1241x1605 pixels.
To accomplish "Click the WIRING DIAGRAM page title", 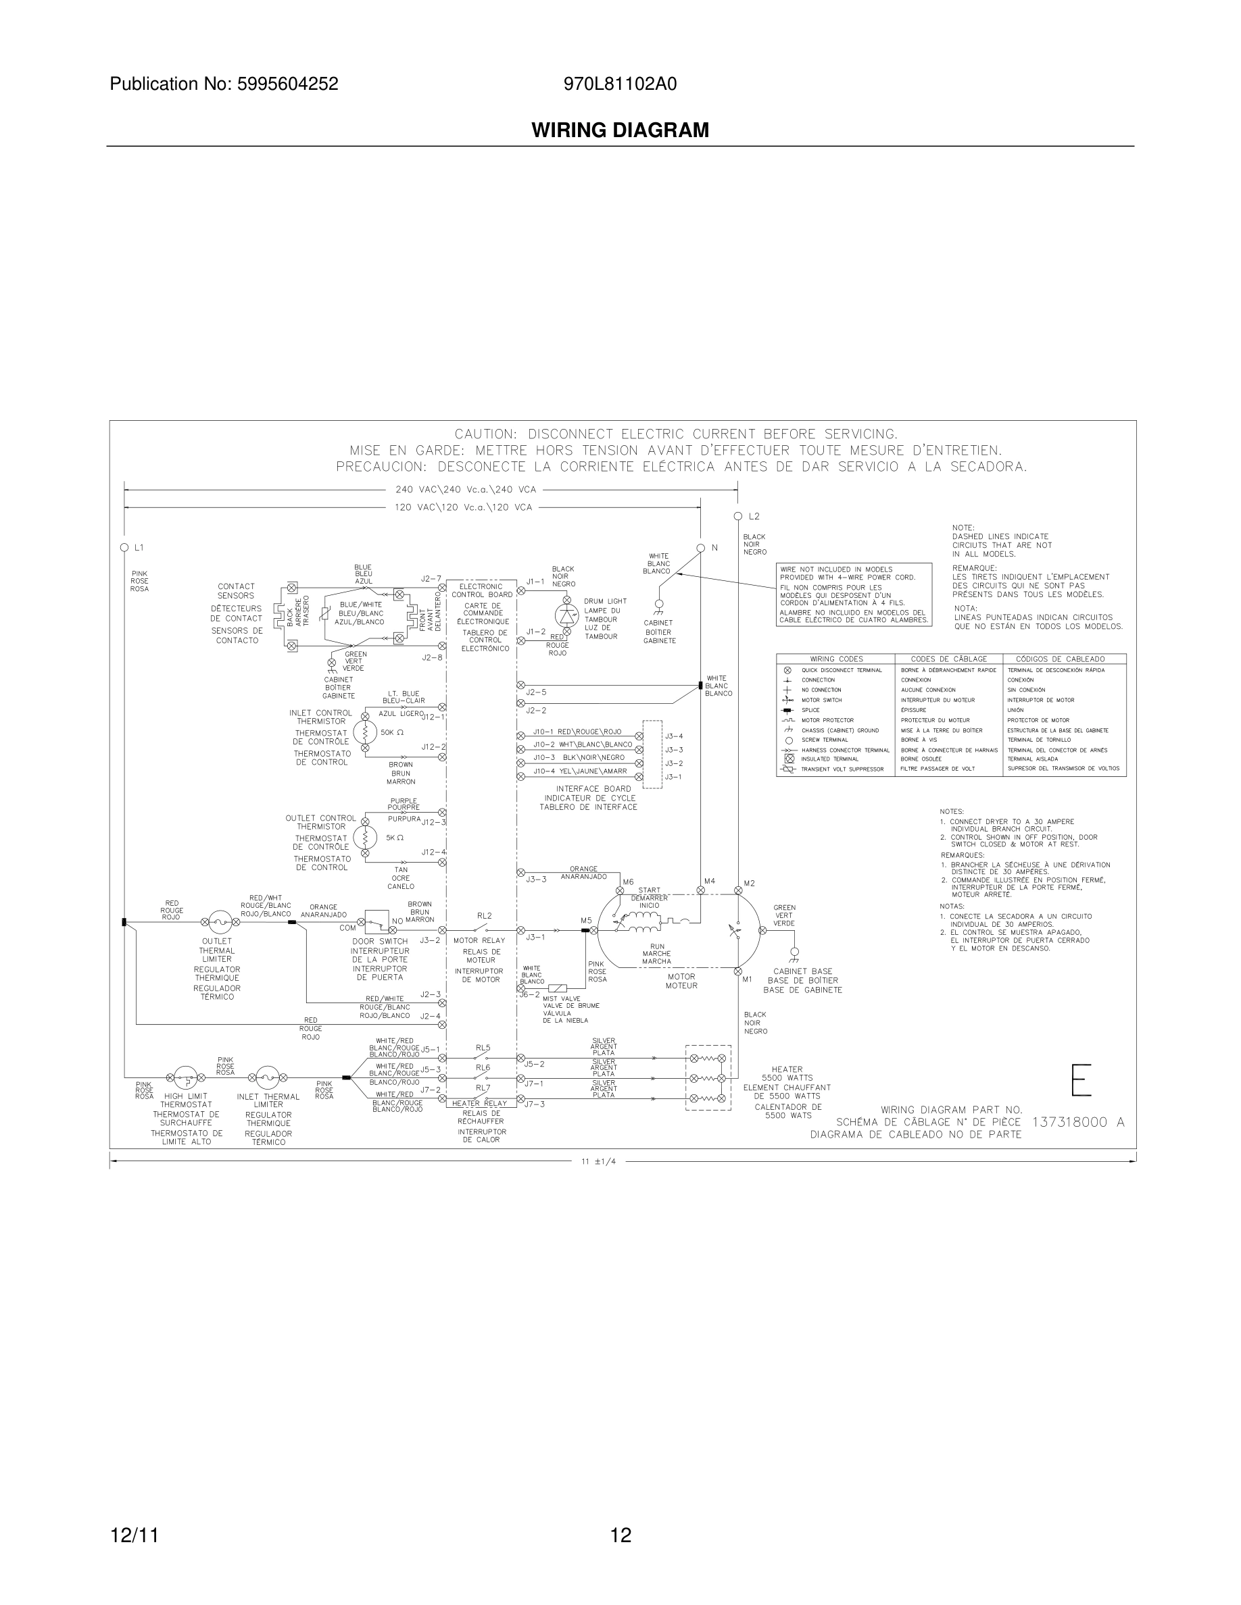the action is pos(620,130).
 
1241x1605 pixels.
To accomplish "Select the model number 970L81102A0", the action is pos(620,84).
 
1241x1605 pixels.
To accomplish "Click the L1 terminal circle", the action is pos(124,547).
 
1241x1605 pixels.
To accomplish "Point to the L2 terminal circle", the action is pos(737,517).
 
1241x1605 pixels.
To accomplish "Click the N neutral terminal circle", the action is pos(701,547).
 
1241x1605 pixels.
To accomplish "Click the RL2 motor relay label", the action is pos(484,916).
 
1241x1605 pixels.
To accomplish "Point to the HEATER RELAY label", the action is pos(479,1103).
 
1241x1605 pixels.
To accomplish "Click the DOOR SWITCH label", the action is pos(379,942).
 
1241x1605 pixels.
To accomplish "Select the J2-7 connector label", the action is pos(431,579).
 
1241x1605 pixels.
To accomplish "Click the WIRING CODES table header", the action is pos(836,659).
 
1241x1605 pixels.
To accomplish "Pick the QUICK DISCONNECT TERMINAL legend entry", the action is pos(841,670).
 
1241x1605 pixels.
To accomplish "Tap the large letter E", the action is pos(1081,1079).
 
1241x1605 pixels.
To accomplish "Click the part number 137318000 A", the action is pos(1078,1122).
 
